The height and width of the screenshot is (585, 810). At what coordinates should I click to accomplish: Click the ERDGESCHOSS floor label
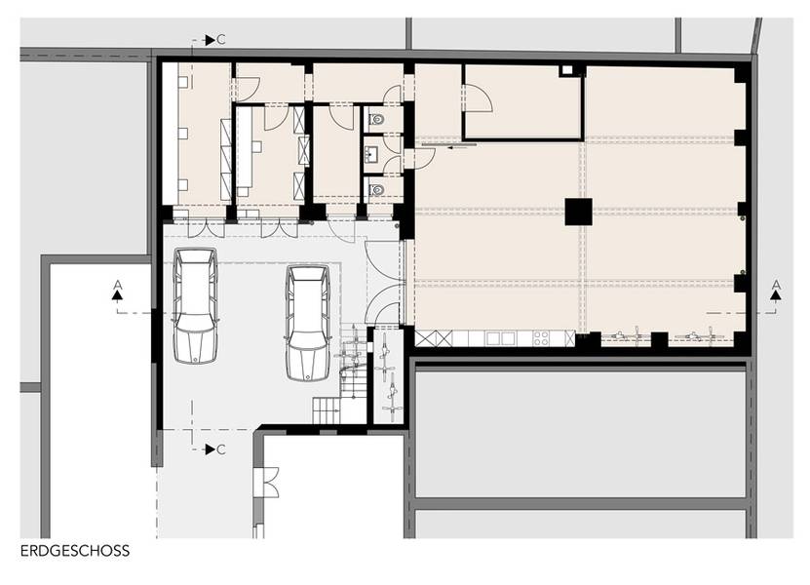point(75,551)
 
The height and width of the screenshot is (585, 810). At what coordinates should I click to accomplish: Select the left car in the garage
point(195,305)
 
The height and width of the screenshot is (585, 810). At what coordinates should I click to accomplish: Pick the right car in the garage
point(308,323)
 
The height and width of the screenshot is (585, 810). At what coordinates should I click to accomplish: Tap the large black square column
point(579,212)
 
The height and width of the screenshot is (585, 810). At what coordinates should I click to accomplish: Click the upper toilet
point(377,120)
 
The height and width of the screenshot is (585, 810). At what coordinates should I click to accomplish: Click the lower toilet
point(377,190)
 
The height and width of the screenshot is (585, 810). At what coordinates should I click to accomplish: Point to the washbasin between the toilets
point(371,153)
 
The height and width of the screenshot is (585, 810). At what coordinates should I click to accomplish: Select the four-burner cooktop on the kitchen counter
point(541,338)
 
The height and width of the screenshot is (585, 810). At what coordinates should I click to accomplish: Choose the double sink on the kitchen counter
point(500,338)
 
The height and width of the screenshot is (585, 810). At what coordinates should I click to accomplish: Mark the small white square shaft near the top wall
point(567,70)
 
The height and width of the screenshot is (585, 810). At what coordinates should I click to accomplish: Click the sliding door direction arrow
point(462,148)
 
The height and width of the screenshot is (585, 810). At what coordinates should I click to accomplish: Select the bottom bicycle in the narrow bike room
point(393,398)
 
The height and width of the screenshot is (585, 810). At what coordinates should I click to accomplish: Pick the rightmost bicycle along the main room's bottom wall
point(701,336)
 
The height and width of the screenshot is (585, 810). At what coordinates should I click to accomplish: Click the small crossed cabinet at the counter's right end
point(570,338)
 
